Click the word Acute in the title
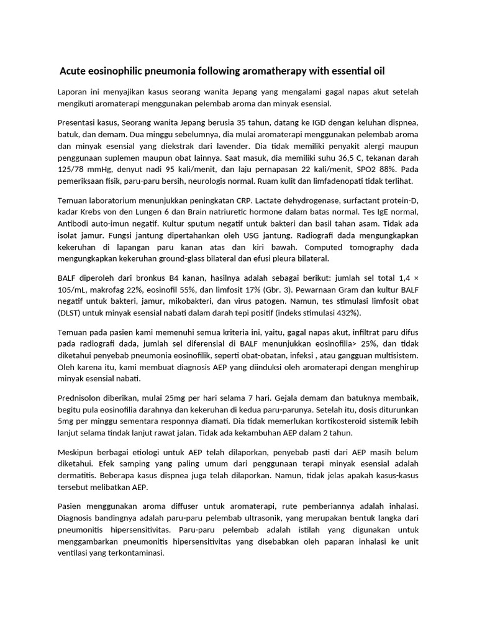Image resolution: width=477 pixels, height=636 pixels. pos(73,69)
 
